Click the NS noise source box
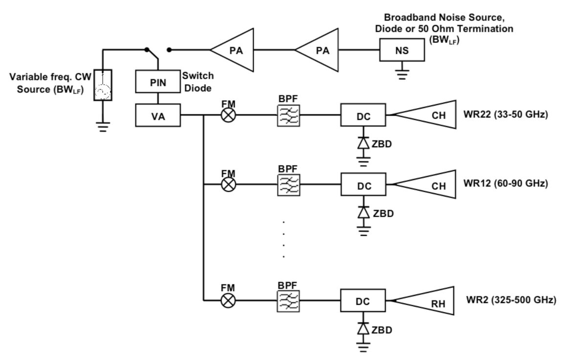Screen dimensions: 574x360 (x=401, y=50)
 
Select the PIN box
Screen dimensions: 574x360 (x=157, y=83)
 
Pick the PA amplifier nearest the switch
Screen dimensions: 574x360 (x=236, y=50)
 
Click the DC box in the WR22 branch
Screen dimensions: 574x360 (x=364, y=116)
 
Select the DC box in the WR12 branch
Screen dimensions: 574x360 (x=364, y=186)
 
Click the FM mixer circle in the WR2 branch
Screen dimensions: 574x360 (x=228, y=300)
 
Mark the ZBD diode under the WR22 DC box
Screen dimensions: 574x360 (x=363, y=143)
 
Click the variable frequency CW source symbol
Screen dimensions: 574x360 (x=103, y=85)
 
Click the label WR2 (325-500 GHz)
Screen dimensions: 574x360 (x=510, y=299)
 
